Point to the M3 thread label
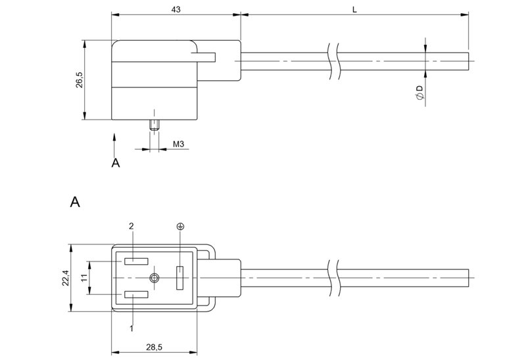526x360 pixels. click(178, 143)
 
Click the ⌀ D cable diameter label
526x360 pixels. click(419, 92)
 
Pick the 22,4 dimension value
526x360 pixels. click(65, 279)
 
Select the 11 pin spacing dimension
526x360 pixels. click(84, 279)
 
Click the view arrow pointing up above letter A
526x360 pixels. click(115, 142)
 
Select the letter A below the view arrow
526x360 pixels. click(115, 162)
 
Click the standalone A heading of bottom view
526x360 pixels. click(75, 202)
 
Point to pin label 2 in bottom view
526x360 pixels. click(131, 225)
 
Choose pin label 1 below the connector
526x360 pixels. click(131, 328)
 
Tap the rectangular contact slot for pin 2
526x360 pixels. click(135, 261)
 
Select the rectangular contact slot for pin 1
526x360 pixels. click(135, 296)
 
